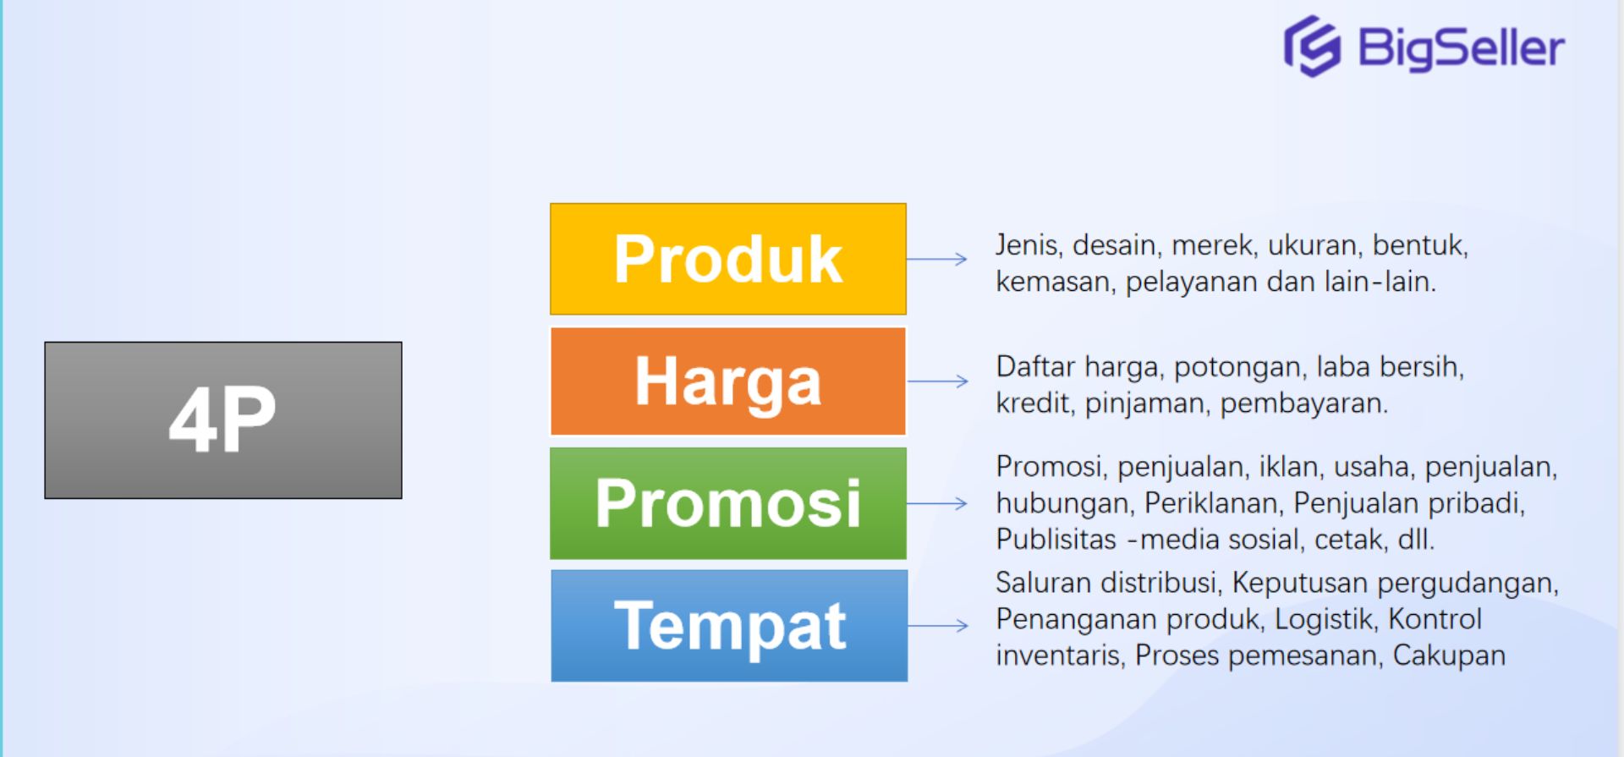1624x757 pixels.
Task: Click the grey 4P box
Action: [x=223, y=420]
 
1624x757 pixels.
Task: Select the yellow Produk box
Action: [x=727, y=259]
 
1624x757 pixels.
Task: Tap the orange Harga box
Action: [x=727, y=381]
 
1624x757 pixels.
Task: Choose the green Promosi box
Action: [x=727, y=503]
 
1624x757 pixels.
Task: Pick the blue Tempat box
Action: [x=728, y=626]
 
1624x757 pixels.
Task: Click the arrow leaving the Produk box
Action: [x=937, y=259]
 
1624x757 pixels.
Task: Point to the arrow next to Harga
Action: [x=937, y=381]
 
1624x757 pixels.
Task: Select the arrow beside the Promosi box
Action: [x=937, y=503]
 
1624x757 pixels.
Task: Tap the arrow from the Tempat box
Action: [x=937, y=626]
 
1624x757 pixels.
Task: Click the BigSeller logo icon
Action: [x=1312, y=47]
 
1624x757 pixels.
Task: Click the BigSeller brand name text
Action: [x=1461, y=48]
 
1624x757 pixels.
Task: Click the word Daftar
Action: [x=1035, y=367]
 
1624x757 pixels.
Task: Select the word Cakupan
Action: [x=1449, y=656]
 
